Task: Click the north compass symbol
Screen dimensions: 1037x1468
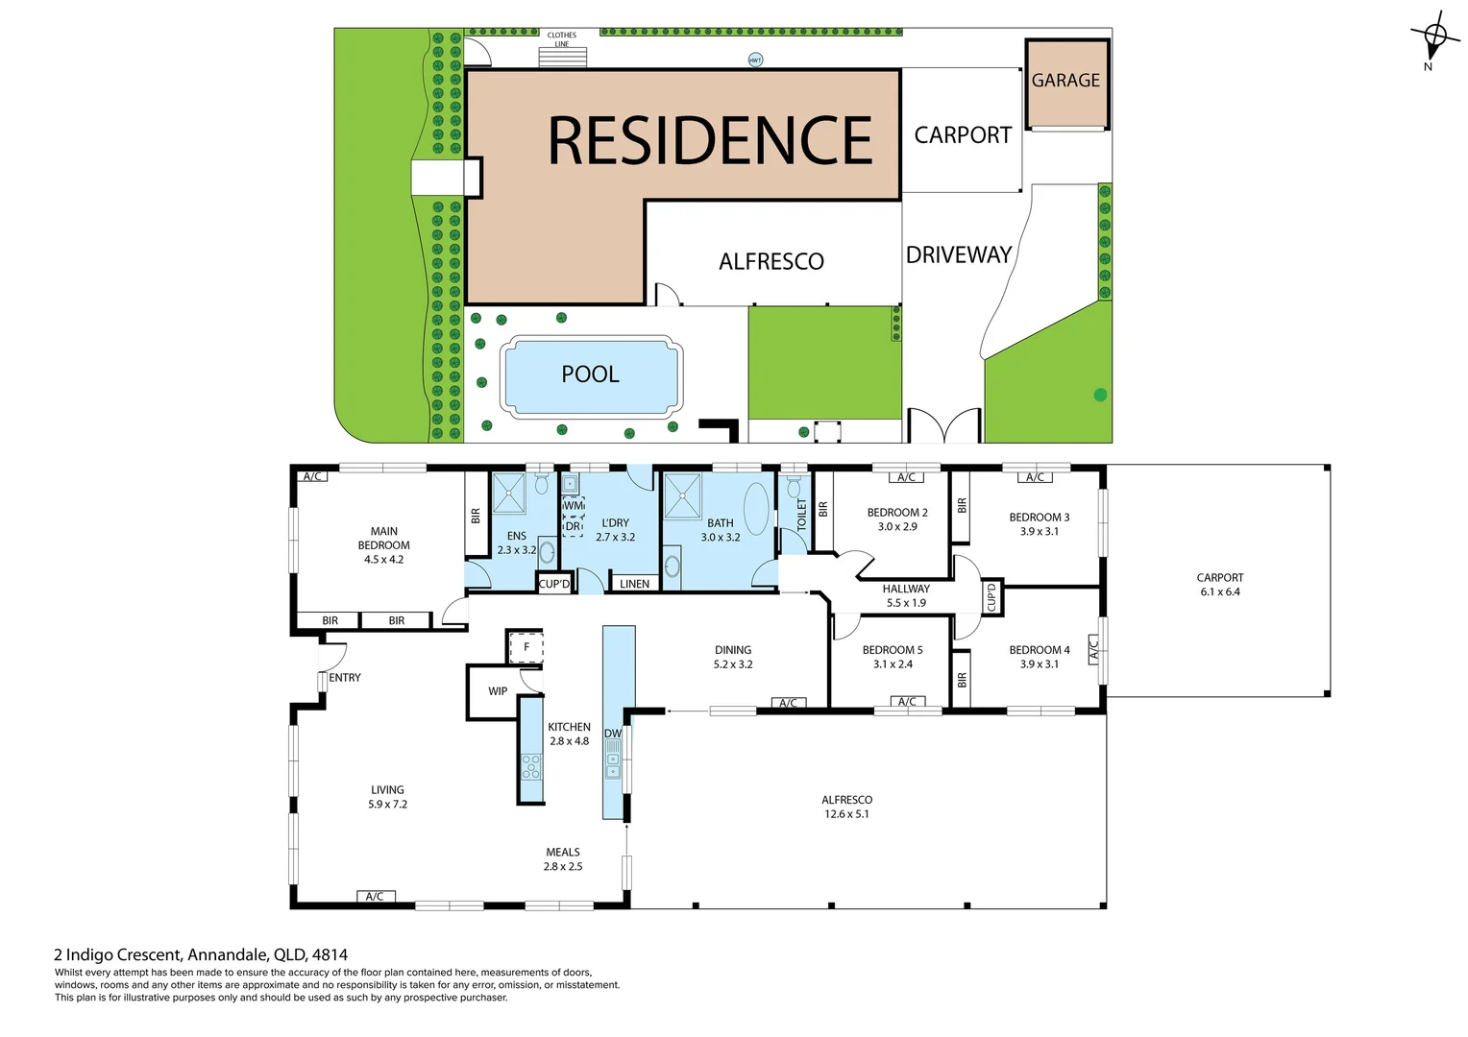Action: (1433, 39)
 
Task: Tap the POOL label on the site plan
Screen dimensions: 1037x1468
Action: (590, 374)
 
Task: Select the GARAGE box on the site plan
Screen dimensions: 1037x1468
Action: (1066, 83)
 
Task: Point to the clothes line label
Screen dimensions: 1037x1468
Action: (562, 39)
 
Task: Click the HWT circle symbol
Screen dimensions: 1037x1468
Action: (755, 60)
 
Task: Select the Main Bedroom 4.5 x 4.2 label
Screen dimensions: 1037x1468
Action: (383, 545)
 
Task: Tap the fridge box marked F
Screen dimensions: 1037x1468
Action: (526, 647)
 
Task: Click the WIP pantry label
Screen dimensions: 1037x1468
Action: (498, 691)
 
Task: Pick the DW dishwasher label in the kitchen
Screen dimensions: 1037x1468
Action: (613, 734)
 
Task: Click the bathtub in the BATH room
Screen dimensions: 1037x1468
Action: (757, 508)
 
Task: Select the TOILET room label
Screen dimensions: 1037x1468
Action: (802, 516)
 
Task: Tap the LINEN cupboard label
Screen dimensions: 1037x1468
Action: (634, 584)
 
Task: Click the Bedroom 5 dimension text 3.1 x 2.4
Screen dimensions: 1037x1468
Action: (893, 664)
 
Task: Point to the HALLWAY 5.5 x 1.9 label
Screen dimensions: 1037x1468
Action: (906, 596)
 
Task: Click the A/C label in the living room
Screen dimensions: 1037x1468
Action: (375, 897)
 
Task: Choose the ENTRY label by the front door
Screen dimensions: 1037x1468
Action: (345, 678)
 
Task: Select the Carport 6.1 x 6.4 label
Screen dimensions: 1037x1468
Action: (1219, 585)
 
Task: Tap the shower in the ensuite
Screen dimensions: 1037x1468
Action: (508, 494)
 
